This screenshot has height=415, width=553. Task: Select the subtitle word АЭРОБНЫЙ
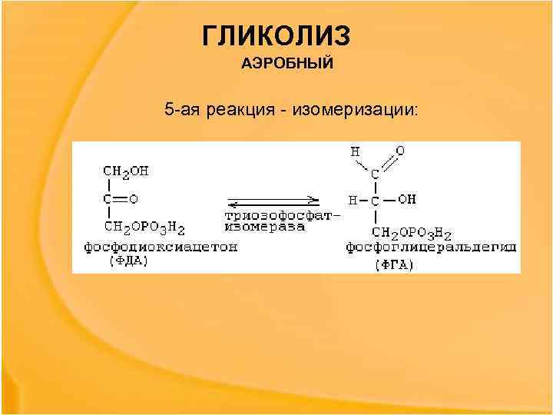click(287, 64)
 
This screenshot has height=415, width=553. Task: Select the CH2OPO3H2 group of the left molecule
click(144, 227)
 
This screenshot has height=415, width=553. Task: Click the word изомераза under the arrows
click(264, 227)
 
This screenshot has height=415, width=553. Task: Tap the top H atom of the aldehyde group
click(355, 151)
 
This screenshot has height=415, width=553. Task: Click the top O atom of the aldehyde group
click(400, 151)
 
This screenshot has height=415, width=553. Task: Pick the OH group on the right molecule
click(407, 199)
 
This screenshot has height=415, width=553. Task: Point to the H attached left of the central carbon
click(353, 200)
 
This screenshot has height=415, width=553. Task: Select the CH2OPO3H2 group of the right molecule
click(411, 233)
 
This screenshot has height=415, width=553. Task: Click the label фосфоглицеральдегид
click(430, 247)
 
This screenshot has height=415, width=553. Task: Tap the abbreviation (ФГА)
click(394, 266)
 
